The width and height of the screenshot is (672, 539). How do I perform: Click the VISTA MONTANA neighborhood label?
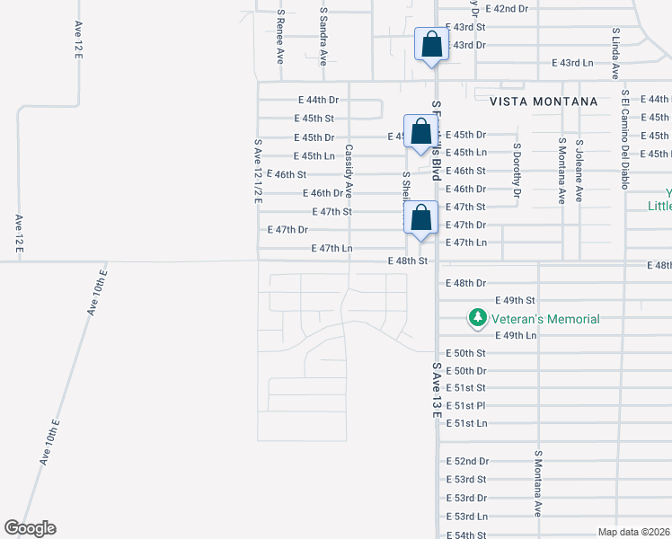[x=544, y=102]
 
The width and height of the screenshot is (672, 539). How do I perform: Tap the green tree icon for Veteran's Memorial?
[x=478, y=318]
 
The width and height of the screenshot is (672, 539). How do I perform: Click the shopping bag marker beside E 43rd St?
[x=431, y=44]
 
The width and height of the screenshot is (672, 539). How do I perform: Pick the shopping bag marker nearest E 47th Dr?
[x=420, y=217]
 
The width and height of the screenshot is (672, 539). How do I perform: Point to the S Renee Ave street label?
[x=280, y=37]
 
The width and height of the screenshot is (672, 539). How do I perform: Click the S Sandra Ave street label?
[x=323, y=37]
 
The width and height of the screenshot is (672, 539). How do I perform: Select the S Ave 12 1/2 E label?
[x=257, y=172]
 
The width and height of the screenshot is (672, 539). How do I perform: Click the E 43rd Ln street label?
[x=572, y=63]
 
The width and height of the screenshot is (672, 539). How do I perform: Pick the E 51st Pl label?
[x=465, y=405]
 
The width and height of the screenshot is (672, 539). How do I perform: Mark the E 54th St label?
[x=465, y=535]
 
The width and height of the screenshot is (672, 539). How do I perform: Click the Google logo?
[x=30, y=528]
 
